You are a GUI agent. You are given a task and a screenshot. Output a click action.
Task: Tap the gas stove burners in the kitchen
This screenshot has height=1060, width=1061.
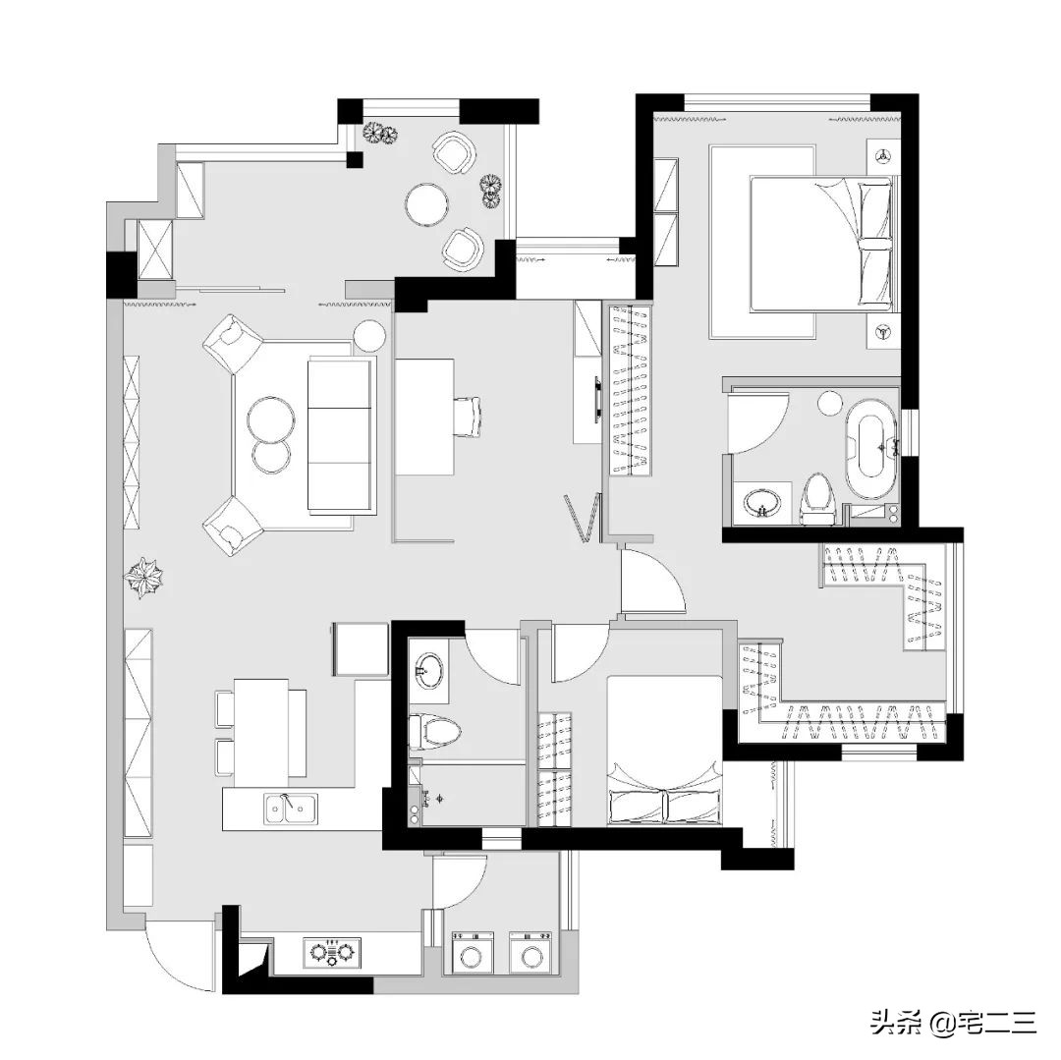332,953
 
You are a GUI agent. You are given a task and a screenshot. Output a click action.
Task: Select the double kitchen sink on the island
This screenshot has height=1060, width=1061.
291,809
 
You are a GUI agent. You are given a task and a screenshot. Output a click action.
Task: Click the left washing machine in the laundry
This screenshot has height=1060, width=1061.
473,953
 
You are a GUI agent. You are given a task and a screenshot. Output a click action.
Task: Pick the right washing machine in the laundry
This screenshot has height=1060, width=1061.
530,953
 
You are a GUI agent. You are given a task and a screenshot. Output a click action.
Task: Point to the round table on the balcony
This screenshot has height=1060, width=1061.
427,204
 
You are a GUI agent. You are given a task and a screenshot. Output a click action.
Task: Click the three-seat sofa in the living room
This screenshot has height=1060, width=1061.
341,435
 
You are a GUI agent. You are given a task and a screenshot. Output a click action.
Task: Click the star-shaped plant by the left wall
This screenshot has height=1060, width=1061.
143,578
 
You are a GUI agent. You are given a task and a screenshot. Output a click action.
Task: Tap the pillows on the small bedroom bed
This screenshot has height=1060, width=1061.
665,806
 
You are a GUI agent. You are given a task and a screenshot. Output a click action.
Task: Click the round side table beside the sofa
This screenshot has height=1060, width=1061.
369,336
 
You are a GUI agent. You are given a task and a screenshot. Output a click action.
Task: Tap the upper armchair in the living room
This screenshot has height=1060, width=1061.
232,343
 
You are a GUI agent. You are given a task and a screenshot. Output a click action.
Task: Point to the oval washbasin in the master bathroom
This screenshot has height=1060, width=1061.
762,503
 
